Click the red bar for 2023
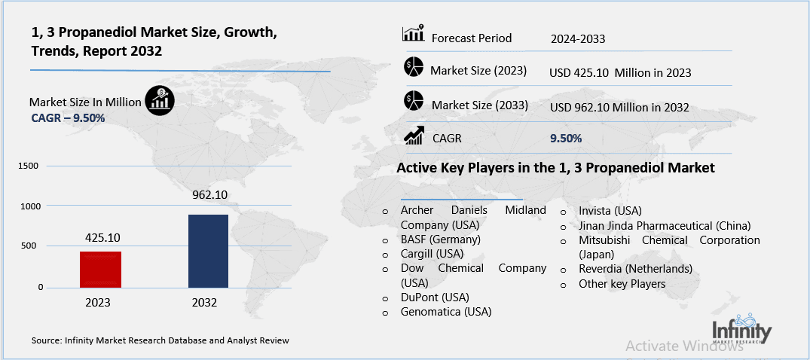(100, 269)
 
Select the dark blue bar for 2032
(207, 251)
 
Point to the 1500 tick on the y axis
(27, 166)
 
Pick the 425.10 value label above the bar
(100, 237)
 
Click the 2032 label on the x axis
(204, 303)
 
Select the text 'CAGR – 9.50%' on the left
(68, 118)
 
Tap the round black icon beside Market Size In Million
(160, 98)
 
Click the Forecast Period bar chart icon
(413, 34)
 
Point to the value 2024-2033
(577, 38)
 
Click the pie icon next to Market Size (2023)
(414, 68)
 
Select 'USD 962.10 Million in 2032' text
(619, 108)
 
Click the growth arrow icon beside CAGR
(414, 136)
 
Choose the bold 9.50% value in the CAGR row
(566, 139)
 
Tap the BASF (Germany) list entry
(440, 239)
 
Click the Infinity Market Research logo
(741, 331)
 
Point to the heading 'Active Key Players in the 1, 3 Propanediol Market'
(555, 168)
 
